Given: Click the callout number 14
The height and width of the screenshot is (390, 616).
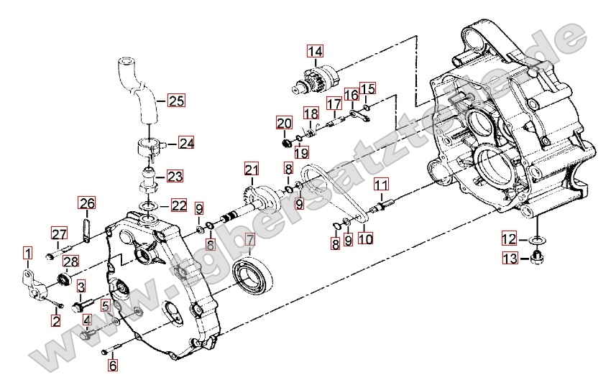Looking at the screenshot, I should tap(315, 51).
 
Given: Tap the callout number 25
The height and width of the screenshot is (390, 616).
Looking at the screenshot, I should tap(176, 101).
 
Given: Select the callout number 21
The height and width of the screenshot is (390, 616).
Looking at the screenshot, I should tap(250, 170).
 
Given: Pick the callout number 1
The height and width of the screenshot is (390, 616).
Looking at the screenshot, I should tap(27, 253).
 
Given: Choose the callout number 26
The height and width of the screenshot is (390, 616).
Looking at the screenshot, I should tap(87, 204).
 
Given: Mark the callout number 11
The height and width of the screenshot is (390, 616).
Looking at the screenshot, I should tap(380, 184).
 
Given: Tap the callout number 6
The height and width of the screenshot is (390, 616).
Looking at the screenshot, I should tap(112, 365).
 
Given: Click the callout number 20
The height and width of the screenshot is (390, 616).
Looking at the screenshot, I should tap(284, 123).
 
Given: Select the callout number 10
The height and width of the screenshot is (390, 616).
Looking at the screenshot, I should tap(366, 238).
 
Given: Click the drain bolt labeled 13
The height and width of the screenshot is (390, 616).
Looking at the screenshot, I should tap(536, 258).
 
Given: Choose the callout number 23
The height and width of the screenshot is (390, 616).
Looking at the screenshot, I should tap(176, 176).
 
